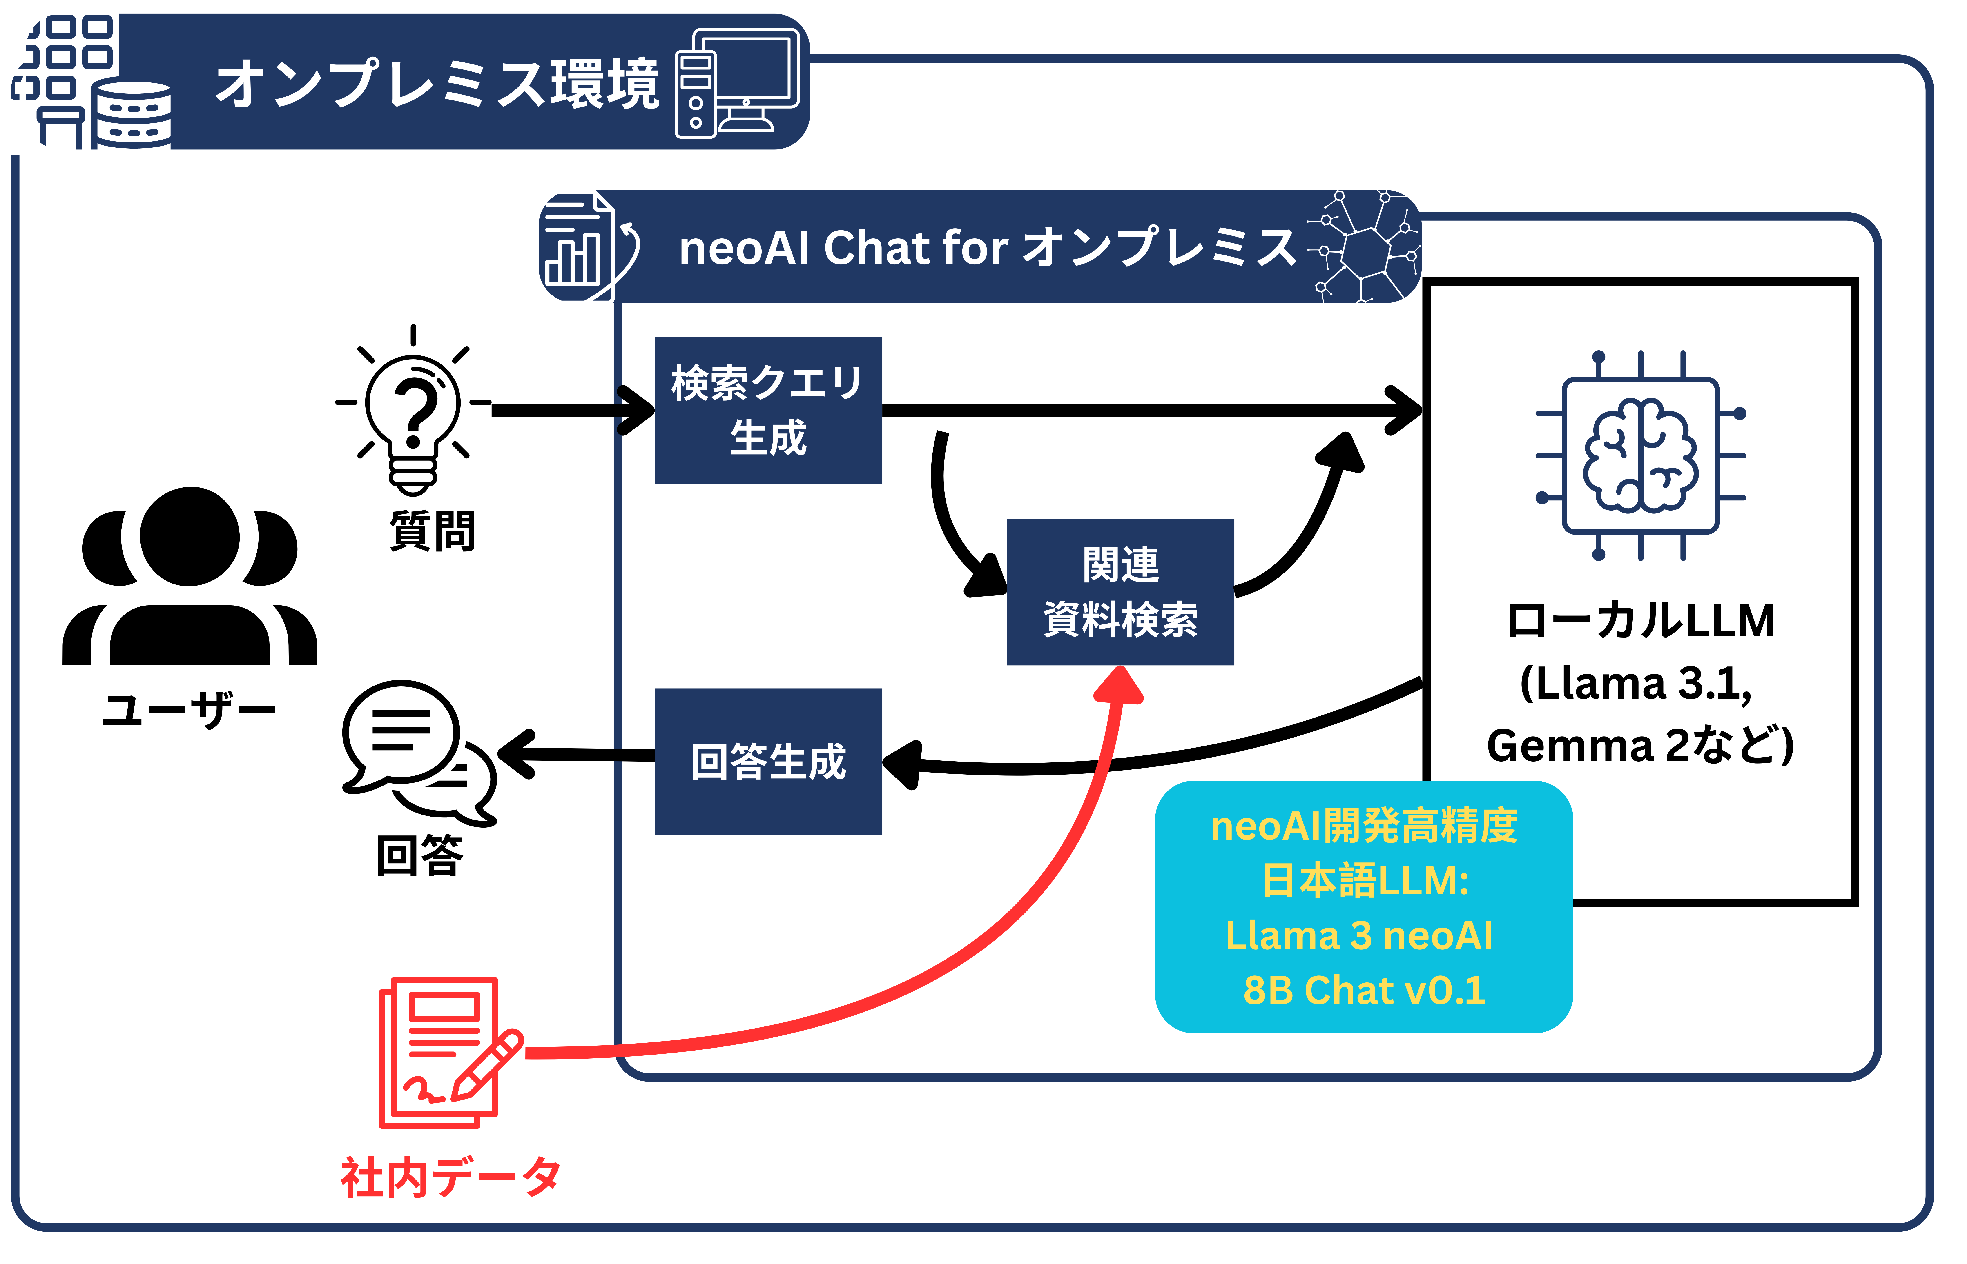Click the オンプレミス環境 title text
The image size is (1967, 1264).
437,84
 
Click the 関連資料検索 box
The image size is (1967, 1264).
1120,592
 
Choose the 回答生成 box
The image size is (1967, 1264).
768,762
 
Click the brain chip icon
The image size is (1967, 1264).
1640,455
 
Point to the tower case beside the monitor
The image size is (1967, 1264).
695,94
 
